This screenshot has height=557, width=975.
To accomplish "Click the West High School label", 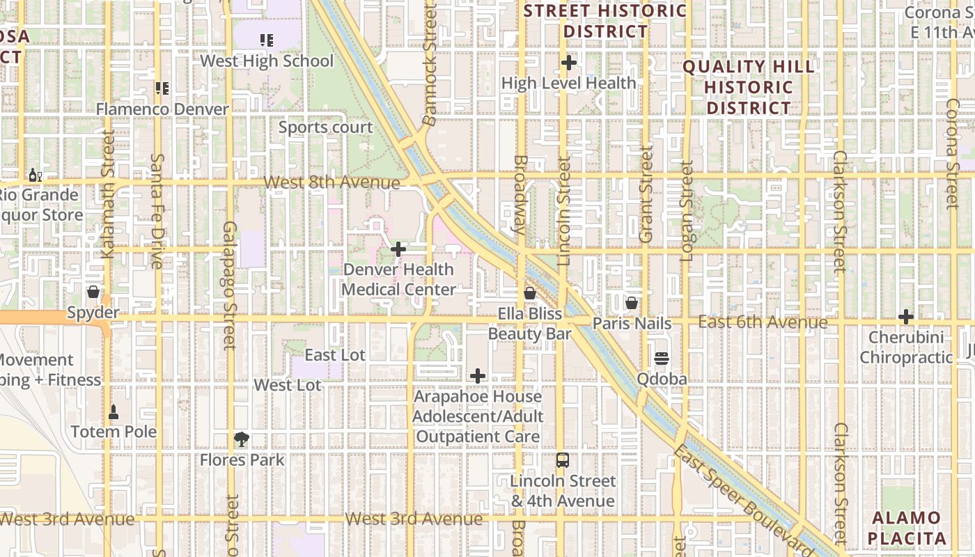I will (x=267, y=61).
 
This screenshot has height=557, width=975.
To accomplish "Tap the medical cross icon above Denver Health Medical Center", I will (x=398, y=249).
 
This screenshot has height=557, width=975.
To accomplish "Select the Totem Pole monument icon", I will (x=114, y=412).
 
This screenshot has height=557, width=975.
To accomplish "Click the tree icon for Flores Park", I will (x=242, y=439).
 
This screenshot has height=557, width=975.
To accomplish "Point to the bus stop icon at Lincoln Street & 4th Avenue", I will (x=562, y=460).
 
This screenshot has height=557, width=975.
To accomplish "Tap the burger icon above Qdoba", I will (x=661, y=359).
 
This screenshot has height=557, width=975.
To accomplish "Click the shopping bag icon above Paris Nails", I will (x=632, y=303).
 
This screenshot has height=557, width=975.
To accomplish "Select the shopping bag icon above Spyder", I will (x=93, y=292).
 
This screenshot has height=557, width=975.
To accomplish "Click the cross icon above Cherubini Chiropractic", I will (x=905, y=317).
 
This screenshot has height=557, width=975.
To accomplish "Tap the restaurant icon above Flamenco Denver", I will (x=162, y=88).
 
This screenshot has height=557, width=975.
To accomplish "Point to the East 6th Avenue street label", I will (x=763, y=322).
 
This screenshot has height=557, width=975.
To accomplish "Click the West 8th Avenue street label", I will (x=332, y=182).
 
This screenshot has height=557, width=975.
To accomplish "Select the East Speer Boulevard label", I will (x=743, y=499).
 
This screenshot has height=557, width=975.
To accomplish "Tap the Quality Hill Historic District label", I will (x=749, y=87).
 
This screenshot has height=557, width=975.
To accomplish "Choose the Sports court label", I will (x=326, y=127).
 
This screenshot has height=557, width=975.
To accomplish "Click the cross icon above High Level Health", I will (x=569, y=63).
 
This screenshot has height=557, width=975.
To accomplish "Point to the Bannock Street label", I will (x=429, y=66).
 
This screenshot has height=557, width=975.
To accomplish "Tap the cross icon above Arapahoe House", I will (x=478, y=377).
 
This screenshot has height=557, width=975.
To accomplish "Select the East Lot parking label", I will (x=335, y=355).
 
